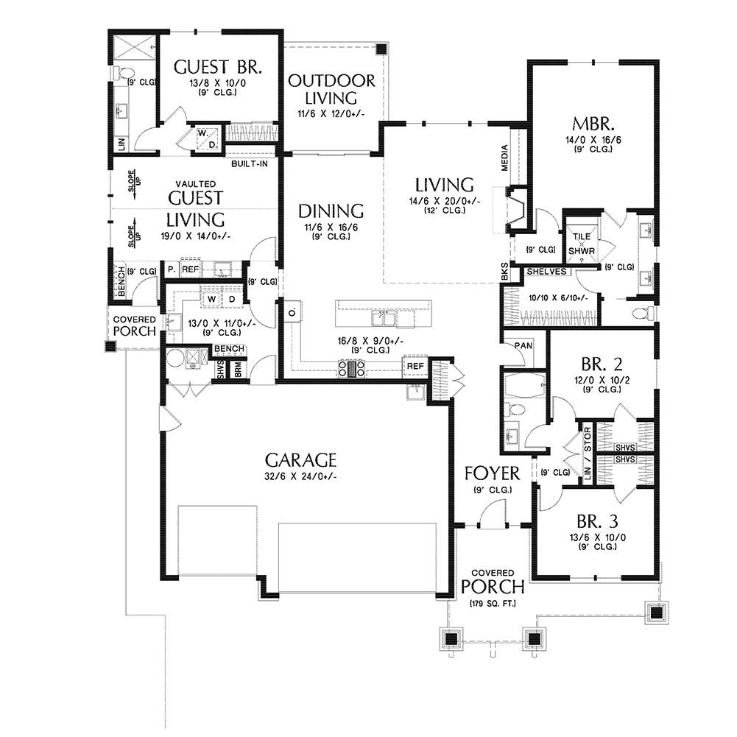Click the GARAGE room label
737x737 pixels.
click(301, 459)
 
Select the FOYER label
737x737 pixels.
click(492, 473)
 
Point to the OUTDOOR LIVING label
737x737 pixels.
click(331, 89)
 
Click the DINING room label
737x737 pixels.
click(331, 211)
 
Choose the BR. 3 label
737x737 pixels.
click(597, 521)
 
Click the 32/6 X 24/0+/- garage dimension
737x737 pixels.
click(301, 476)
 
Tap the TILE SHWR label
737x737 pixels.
click(582, 244)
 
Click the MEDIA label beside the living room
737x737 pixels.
click(505, 158)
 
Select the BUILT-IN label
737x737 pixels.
click(249, 164)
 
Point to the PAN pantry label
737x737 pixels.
click(523, 345)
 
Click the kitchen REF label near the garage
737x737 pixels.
click(415, 366)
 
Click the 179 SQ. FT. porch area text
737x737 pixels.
click(493, 603)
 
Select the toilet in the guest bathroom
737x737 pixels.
click(124, 73)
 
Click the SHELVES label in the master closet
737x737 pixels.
click(546, 271)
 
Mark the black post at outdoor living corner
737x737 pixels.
click(381, 48)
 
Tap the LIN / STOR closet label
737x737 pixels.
click(588, 453)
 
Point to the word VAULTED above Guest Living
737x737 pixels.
click(196, 184)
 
